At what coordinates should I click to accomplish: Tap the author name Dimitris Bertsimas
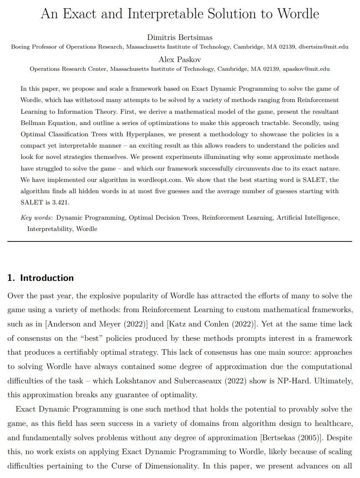point(180,37)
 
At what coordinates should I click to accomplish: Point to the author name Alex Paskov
point(180,59)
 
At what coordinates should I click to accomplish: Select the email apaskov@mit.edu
point(306,69)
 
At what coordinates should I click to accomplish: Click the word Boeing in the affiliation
point(21,47)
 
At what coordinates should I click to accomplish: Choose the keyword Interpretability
point(50,228)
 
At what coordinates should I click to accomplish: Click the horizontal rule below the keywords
point(180,241)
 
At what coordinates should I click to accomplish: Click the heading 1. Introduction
point(40,278)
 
